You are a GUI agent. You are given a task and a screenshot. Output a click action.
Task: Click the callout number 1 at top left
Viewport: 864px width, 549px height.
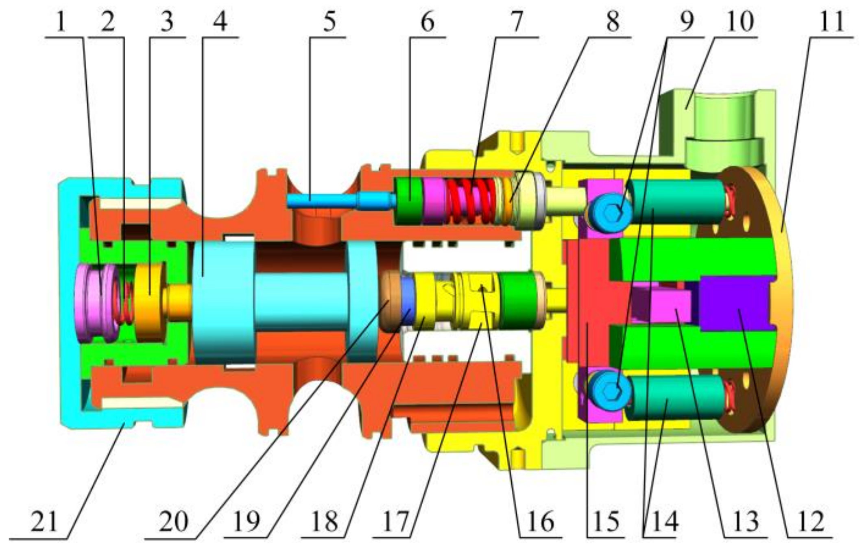61,21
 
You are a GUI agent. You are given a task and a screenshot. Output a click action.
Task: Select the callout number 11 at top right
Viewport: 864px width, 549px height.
831,21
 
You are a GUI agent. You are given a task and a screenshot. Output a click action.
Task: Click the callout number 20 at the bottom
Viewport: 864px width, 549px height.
174,522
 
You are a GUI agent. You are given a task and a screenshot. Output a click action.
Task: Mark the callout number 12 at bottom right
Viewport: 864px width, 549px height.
811,522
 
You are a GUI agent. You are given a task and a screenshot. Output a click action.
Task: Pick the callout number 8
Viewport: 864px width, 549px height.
613,21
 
